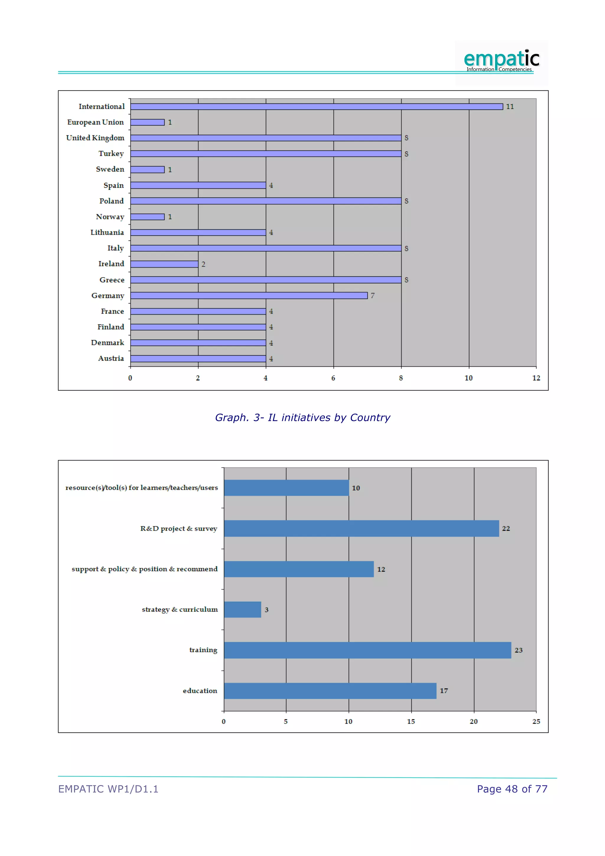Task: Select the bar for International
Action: pyautogui.click(x=316, y=107)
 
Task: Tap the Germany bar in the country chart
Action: pyautogui.click(x=249, y=295)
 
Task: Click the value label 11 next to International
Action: pyautogui.click(x=510, y=107)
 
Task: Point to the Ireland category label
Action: pyautogui.click(x=111, y=264)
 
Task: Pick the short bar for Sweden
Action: pyautogui.click(x=147, y=170)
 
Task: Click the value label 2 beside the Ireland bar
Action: pyautogui.click(x=204, y=264)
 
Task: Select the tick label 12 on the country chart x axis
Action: pyautogui.click(x=536, y=378)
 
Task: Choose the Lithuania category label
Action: pyautogui.click(x=107, y=232)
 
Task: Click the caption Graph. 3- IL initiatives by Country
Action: pyautogui.click(x=302, y=418)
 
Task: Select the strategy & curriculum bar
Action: pyautogui.click(x=242, y=609)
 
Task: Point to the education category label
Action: pyautogui.click(x=200, y=690)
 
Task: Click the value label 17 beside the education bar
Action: pyautogui.click(x=444, y=691)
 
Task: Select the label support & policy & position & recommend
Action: pyautogui.click(x=144, y=569)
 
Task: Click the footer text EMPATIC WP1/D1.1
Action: pyautogui.click(x=108, y=789)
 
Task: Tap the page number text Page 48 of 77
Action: pyautogui.click(x=512, y=789)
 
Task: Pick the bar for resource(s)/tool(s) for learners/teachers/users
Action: pyautogui.click(x=286, y=488)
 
